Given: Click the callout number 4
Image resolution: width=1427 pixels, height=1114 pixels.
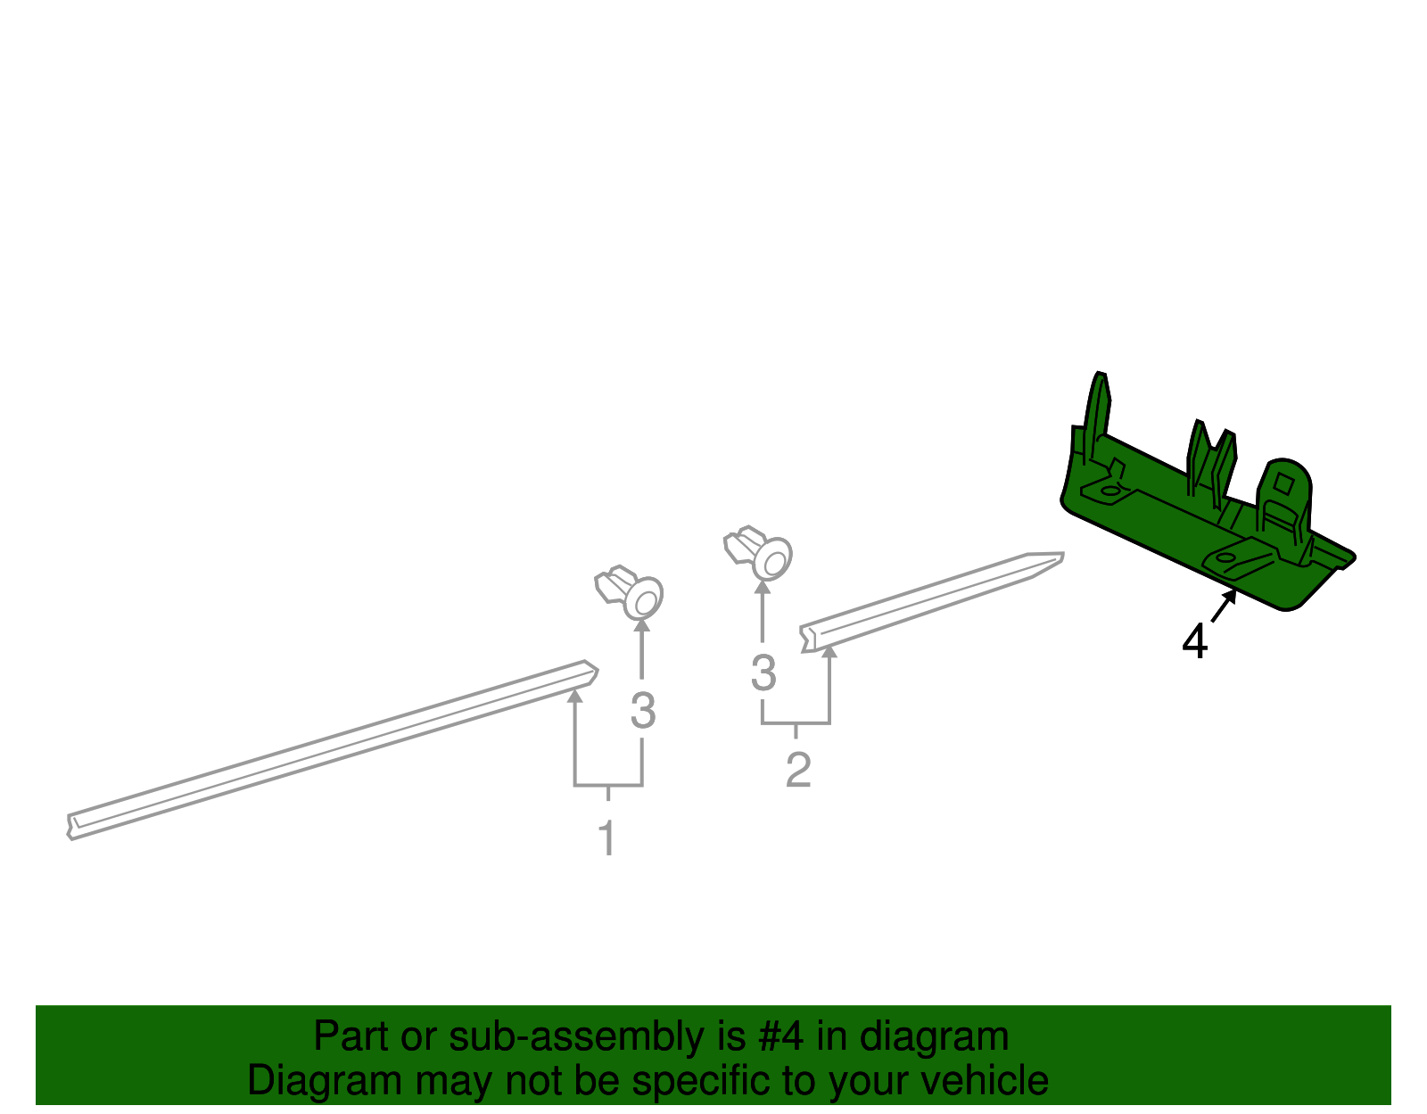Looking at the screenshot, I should point(1194,641).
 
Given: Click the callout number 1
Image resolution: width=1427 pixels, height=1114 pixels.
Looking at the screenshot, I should point(606,838).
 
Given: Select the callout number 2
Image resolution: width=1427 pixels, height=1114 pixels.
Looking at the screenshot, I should point(798,770).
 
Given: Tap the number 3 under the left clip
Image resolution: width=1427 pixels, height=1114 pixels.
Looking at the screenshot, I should point(642,711).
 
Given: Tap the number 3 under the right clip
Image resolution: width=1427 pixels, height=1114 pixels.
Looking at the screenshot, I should point(763,673).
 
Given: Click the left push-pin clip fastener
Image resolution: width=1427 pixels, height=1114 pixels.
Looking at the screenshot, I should point(631,591).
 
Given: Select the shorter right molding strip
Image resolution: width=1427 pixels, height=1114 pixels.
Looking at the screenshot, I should point(928,600).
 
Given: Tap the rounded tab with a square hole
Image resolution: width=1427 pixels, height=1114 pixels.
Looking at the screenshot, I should point(1284,486).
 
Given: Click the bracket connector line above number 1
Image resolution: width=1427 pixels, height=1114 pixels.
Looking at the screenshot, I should point(608,786).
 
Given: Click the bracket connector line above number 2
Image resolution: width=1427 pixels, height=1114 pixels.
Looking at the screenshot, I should point(796,723).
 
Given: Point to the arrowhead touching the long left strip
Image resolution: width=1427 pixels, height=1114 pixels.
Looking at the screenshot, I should point(575,697).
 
